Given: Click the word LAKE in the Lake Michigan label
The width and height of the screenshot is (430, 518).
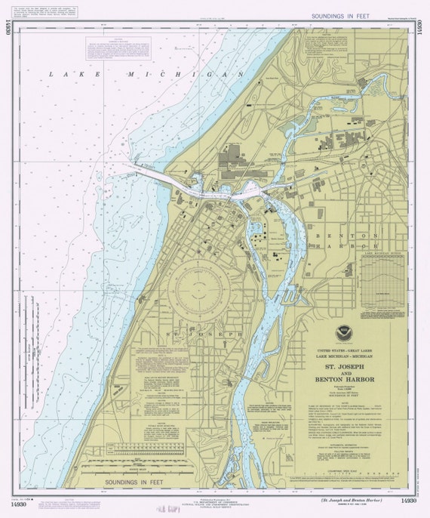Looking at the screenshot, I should tap(64, 74).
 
